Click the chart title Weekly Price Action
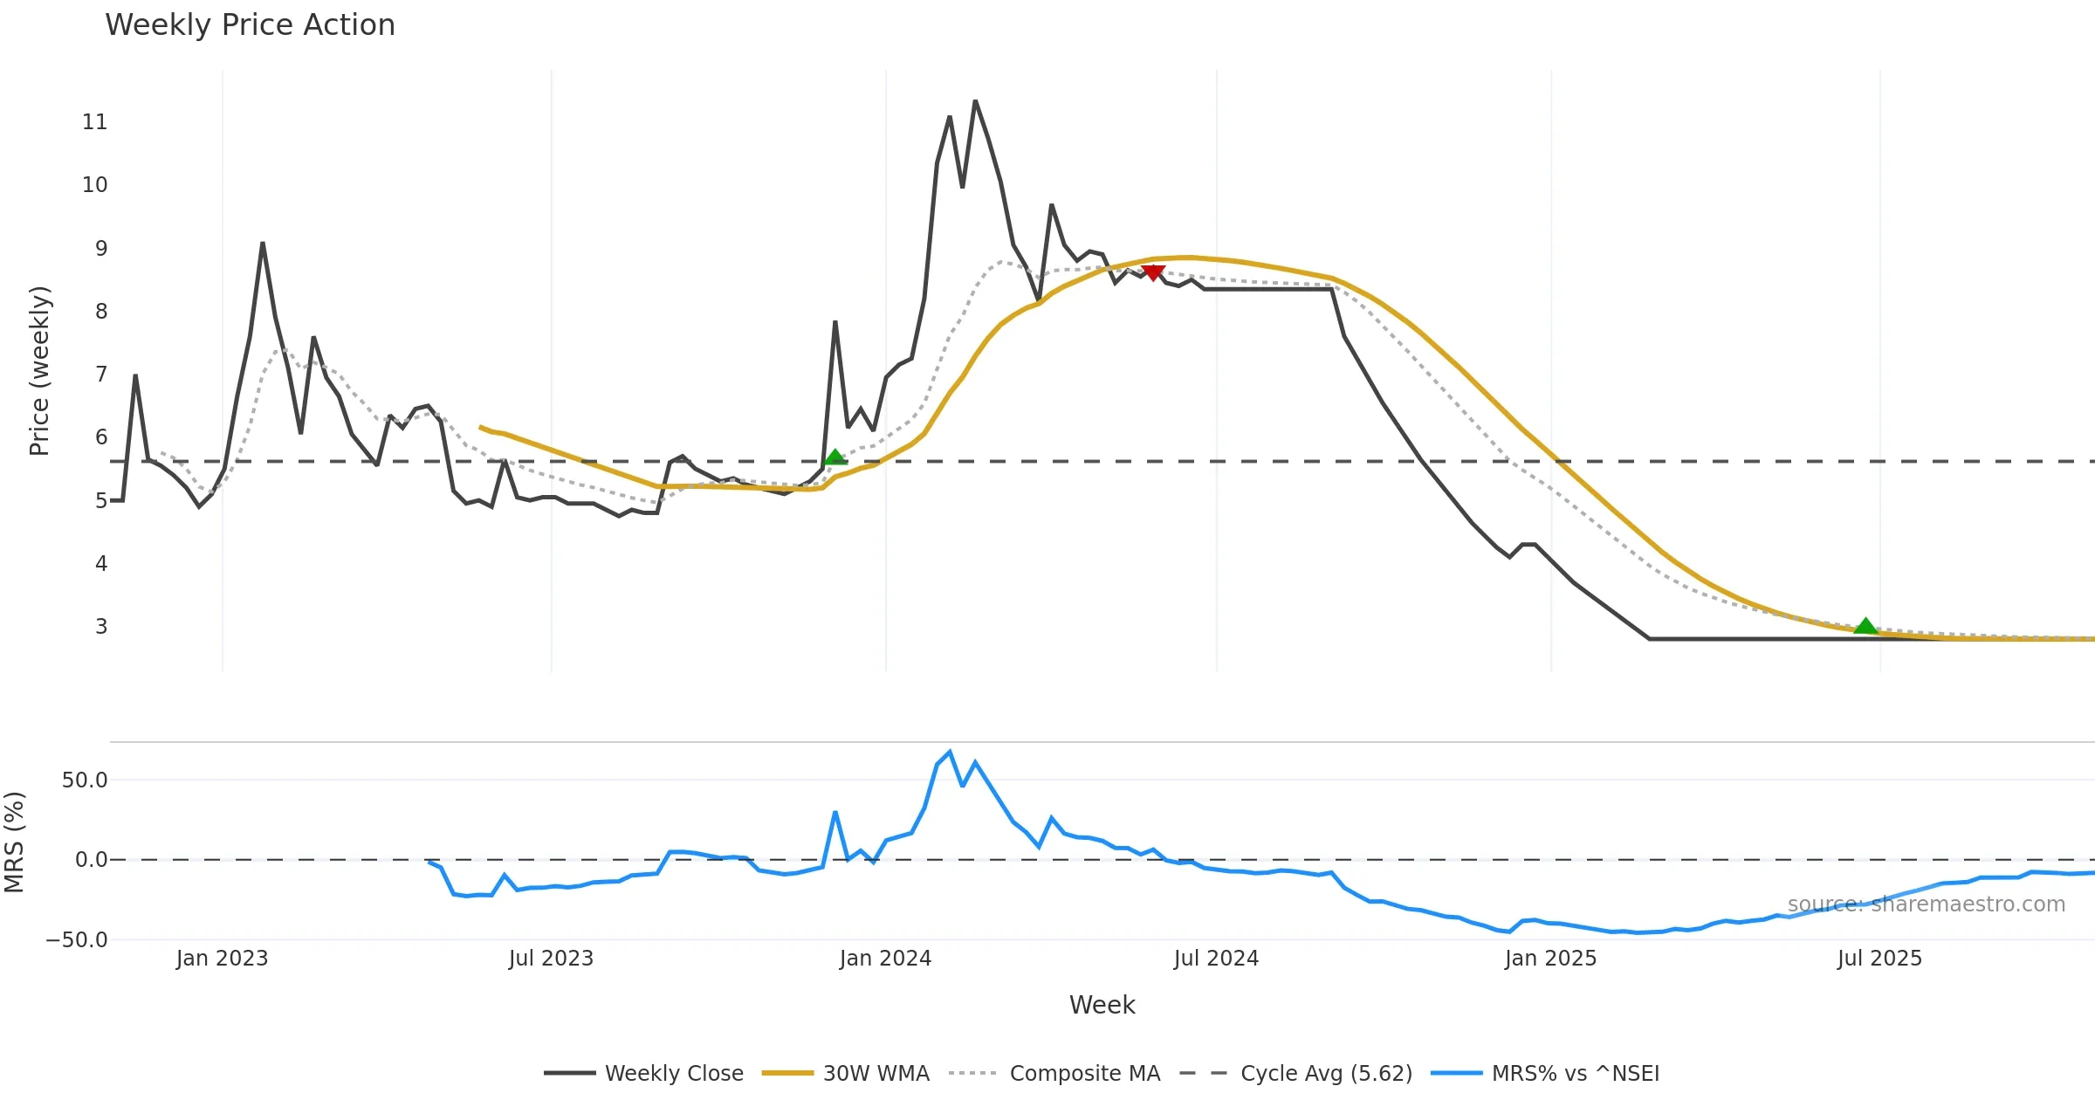coord(250,25)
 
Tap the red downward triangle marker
coord(1152,273)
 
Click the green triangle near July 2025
coord(1865,626)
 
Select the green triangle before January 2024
coord(835,457)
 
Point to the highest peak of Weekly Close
coord(975,102)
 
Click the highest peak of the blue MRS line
coord(950,752)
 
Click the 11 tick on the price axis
coord(95,122)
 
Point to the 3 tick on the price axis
coord(101,627)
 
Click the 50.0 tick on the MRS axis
coord(85,780)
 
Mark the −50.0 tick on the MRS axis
coord(78,940)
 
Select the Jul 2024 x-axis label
coord(1216,959)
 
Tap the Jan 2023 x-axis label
coord(222,959)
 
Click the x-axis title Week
coord(1102,1005)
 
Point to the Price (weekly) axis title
coord(40,371)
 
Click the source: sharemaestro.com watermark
coord(1926,904)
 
